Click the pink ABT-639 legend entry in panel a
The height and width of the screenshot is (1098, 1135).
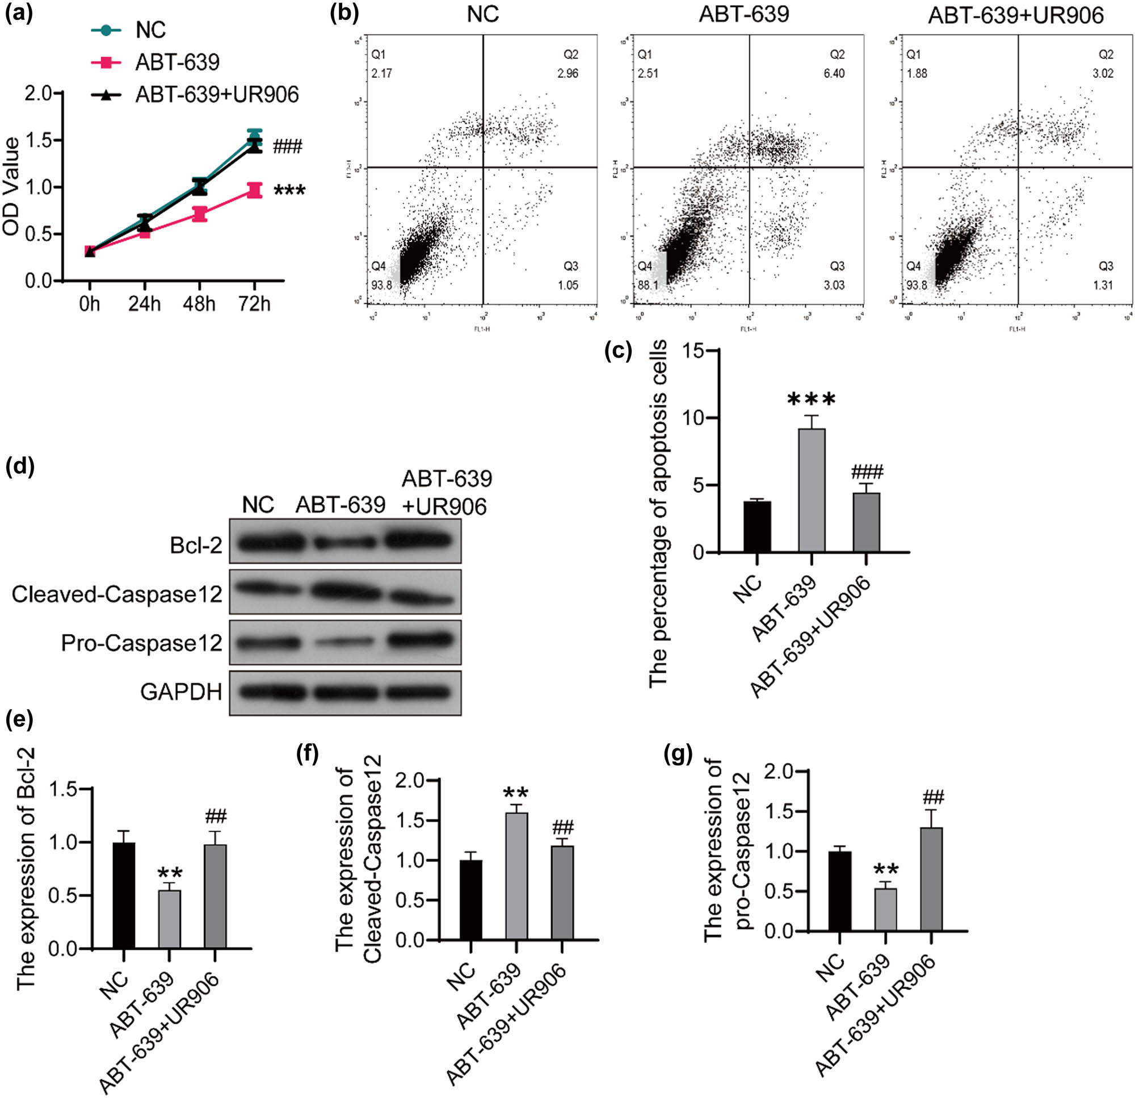[177, 62]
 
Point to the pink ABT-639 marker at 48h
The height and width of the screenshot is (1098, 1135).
[200, 214]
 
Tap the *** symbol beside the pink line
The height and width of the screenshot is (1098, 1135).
[289, 191]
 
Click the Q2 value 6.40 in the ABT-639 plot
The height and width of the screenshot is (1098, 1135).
[834, 74]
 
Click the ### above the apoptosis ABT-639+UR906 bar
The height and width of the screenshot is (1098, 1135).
[867, 472]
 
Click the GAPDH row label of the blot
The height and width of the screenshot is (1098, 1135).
[181, 692]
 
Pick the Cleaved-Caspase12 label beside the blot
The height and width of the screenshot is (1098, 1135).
[117, 594]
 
